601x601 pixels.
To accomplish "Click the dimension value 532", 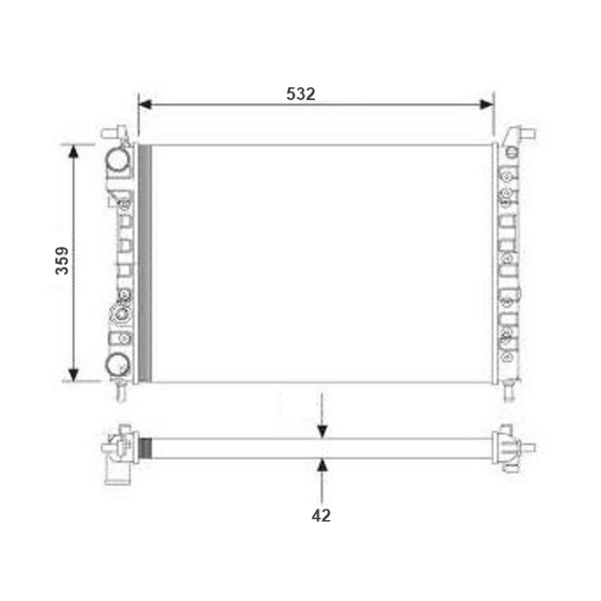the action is coord(300,94).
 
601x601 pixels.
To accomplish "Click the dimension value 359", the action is coord(62,261).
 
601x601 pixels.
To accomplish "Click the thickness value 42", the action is coord(321,515).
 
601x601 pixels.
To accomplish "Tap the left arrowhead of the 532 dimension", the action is coord(145,104).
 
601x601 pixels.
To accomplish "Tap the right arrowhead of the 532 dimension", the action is coord(487,104).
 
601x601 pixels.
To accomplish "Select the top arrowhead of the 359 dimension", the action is coord(73,152).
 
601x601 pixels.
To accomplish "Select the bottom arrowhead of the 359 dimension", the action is coord(73,375).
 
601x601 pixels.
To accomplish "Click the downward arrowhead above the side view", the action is coord(322,432).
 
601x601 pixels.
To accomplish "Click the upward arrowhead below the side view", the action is coord(322,465).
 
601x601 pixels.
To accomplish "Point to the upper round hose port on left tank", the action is coord(118,160).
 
